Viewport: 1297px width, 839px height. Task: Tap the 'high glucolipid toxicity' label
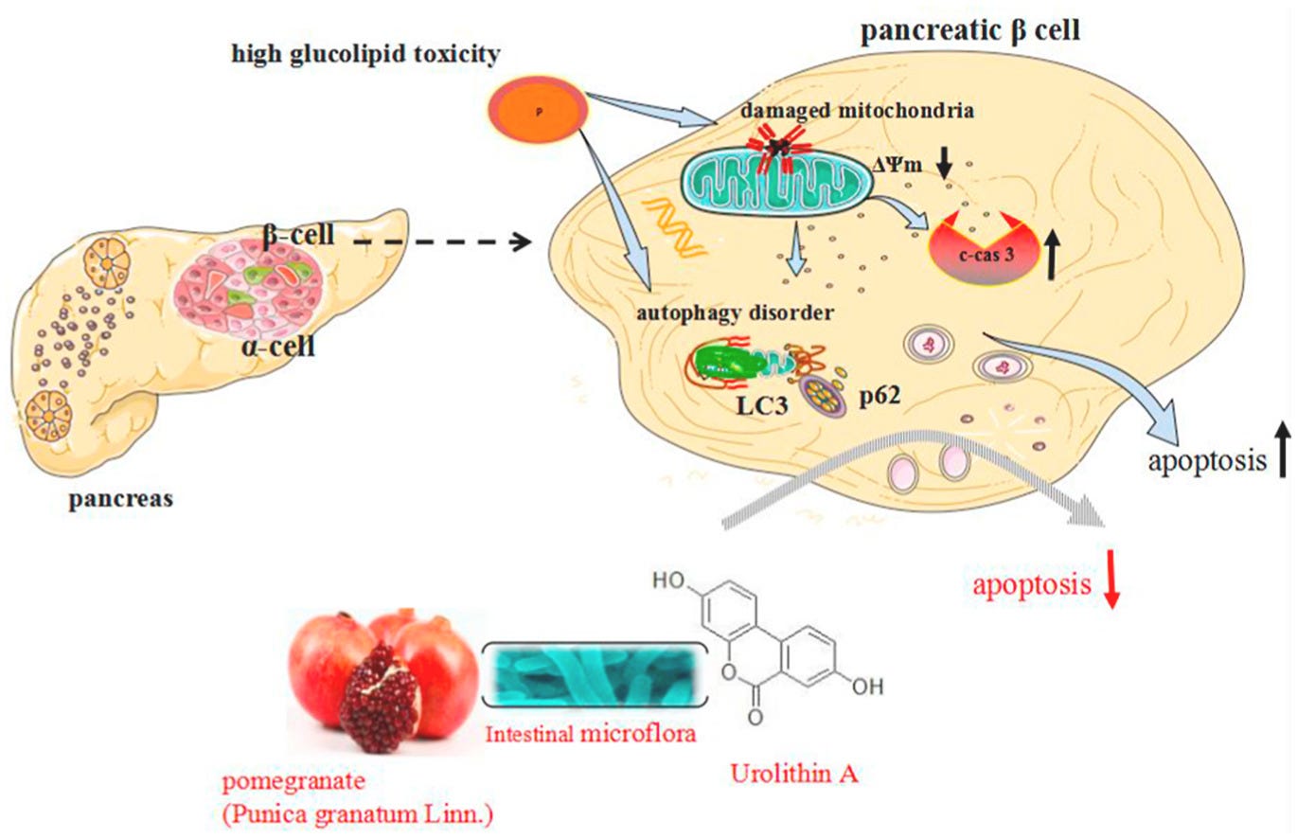pyautogui.click(x=366, y=56)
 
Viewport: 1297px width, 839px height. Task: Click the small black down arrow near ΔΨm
pyautogui.click(x=944, y=166)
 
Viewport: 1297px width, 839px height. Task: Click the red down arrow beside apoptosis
pyautogui.click(x=1112, y=587)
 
